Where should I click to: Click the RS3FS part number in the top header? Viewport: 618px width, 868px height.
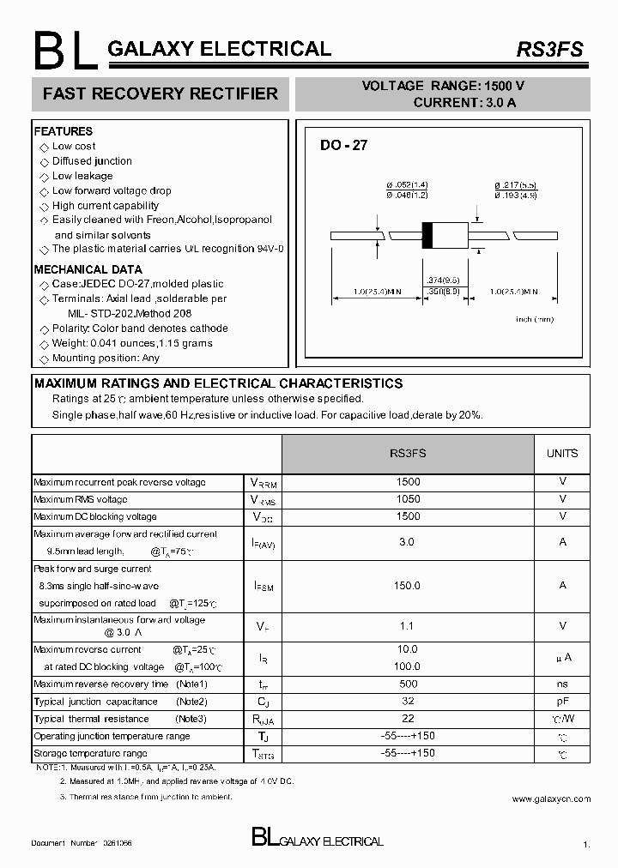548,50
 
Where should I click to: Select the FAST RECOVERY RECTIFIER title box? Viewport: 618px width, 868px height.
161,93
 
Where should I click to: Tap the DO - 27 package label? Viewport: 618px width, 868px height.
343,146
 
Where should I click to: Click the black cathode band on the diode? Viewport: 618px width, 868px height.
426,235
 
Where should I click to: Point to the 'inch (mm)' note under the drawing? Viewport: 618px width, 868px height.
534,319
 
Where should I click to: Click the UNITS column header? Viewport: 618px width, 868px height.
562,453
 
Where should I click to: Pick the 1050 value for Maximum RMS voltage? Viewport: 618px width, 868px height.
409,499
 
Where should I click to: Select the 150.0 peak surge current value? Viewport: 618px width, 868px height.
409,585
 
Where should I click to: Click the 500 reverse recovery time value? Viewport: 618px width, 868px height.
409,684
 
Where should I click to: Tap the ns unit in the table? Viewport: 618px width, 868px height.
562,684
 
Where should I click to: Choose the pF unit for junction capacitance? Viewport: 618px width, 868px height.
562,702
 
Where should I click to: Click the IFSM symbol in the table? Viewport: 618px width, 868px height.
264,586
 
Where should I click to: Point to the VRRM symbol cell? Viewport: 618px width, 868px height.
264,483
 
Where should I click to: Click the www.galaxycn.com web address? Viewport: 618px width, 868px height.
551,799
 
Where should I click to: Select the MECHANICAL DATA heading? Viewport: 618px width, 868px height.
82,269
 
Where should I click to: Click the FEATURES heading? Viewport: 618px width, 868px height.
63,131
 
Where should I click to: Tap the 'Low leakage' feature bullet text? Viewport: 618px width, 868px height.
82,176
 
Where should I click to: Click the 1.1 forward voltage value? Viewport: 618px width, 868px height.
409,627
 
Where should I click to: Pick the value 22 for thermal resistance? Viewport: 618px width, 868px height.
409,718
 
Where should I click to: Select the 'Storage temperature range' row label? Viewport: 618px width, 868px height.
90,753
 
